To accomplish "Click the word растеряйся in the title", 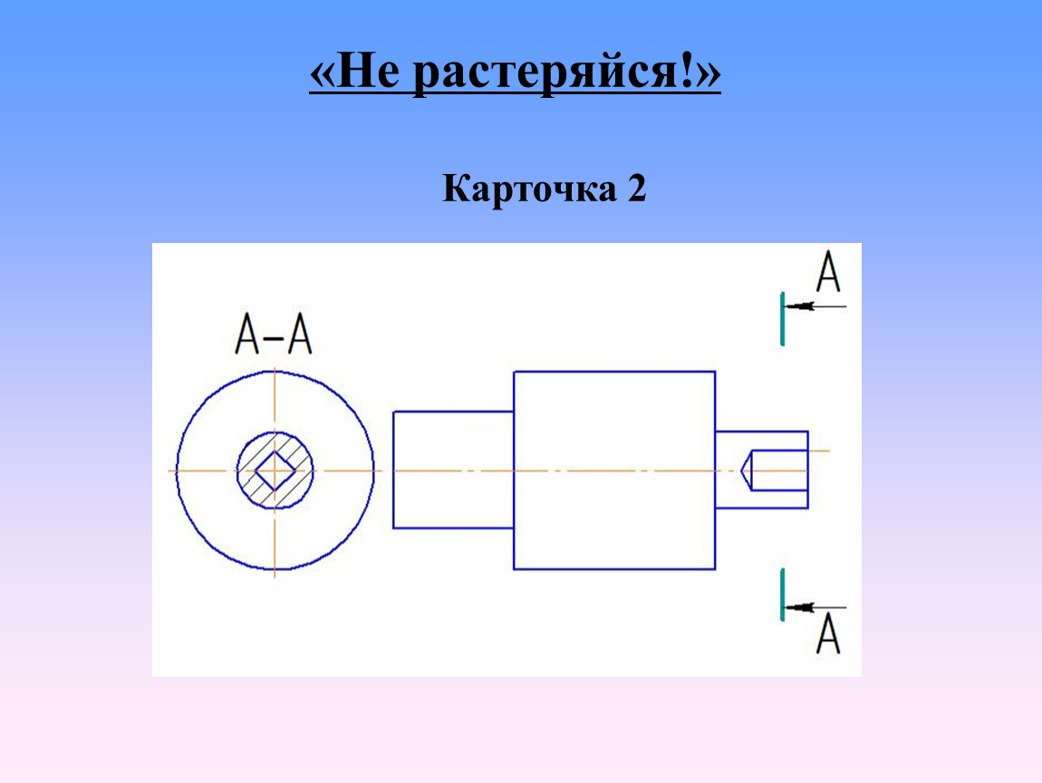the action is [545, 74].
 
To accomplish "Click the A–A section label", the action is [273, 334].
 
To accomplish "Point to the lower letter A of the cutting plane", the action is [828, 633].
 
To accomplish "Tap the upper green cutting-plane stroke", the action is [782, 319].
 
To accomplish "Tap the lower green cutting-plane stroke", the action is [782, 594].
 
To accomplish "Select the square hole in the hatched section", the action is [275, 470].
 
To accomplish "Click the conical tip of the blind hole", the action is [747, 470].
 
